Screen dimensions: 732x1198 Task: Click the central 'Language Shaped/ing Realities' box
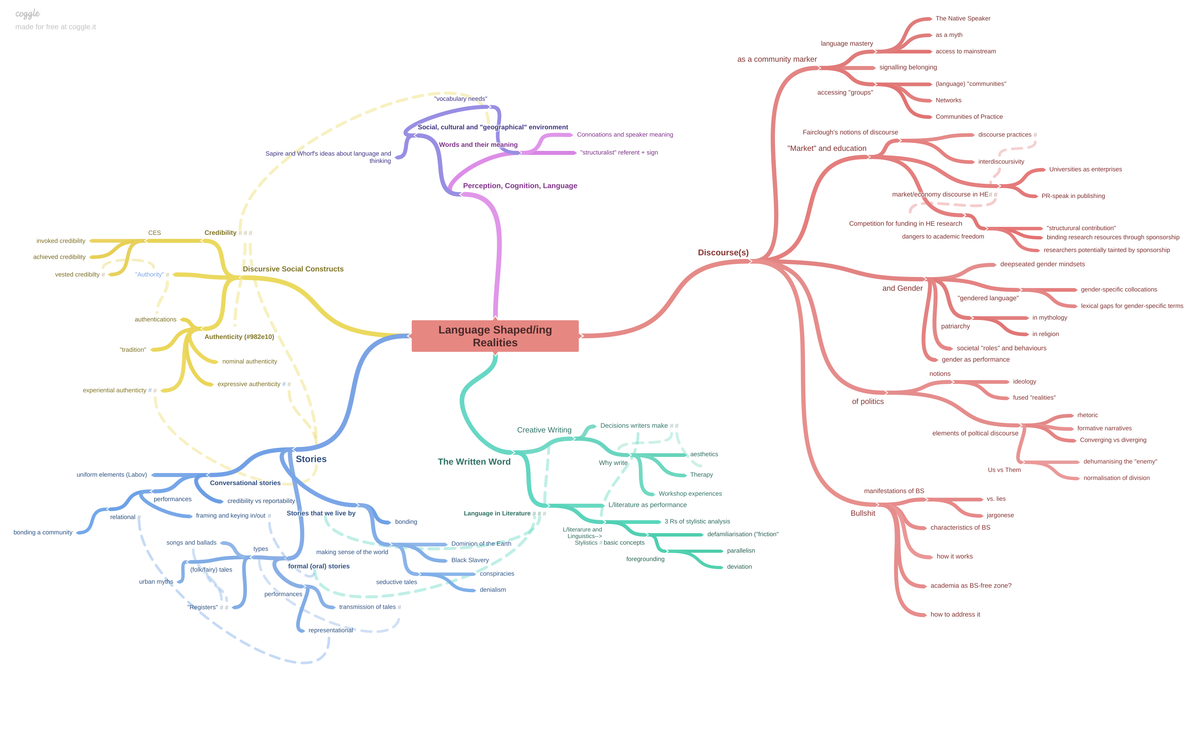(495, 336)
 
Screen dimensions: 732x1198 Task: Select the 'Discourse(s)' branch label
(723, 252)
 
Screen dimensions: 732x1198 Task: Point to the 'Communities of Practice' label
(969, 117)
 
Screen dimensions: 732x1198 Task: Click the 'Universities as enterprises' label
(1085, 169)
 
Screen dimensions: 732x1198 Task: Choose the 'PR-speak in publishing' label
(1073, 196)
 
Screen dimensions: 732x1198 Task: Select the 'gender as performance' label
(975, 359)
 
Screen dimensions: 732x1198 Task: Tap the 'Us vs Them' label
(1004, 470)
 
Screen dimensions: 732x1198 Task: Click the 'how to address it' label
(955, 614)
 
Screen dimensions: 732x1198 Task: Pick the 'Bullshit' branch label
(862, 513)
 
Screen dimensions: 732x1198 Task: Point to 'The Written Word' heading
(474, 462)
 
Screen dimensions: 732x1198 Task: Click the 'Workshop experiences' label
(690, 494)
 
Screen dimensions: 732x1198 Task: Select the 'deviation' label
(739, 567)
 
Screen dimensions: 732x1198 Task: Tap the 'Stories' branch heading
(311, 459)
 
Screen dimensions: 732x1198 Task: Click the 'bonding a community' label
(43, 533)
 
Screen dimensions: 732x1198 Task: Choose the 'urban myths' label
(156, 582)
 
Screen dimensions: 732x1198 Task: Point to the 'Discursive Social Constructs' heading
(293, 269)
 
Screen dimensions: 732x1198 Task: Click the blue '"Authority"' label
(149, 275)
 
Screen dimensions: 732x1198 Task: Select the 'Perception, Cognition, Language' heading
(520, 186)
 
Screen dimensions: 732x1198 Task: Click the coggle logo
(27, 14)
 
